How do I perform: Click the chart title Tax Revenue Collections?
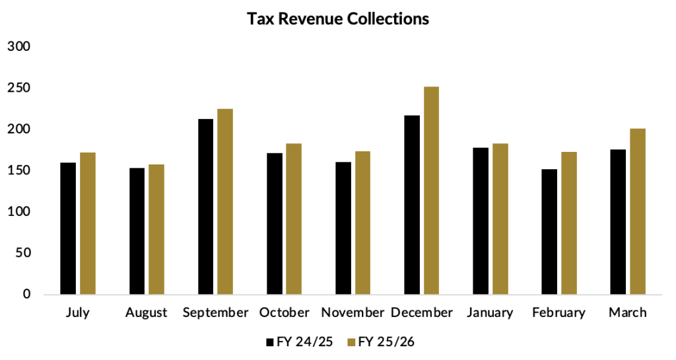click(x=337, y=19)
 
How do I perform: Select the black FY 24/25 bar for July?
click(x=68, y=229)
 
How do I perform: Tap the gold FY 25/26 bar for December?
click(x=431, y=190)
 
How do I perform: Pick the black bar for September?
click(x=206, y=207)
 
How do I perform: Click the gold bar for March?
click(x=638, y=211)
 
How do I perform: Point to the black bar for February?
click(x=549, y=231)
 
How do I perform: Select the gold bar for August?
click(x=156, y=229)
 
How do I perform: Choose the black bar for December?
click(x=412, y=205)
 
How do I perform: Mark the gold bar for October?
click(x=294, y=219)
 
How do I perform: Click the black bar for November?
click(x=343, y=228)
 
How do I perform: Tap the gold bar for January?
click(x=500, y=219)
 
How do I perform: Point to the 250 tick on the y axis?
click(x=19, y=88)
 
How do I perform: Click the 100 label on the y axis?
click(x=19, y=211)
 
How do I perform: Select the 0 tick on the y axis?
click(x=26, y=294)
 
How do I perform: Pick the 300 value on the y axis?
click(x=19, y=46)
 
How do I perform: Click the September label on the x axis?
click(x=216, y=313)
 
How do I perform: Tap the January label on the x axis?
click(x=490, y=313)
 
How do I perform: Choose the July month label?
click(x=78, y=313)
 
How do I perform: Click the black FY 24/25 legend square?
click(x=270, y=342)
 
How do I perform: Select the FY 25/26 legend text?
click(x=386, y=342)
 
